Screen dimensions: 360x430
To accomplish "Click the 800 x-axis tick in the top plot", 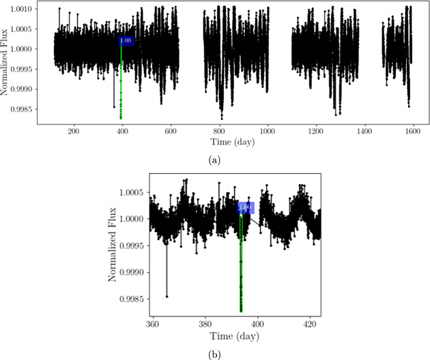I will pyautogui.click(x=219, y=132).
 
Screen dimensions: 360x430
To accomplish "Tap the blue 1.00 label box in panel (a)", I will pyautogui.click(x=126, y=41).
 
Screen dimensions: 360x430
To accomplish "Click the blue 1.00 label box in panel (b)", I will pyautogui.click(x=246, y=208).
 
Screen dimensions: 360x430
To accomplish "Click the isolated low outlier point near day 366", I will pyautogui.click(x=167, y=297).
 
